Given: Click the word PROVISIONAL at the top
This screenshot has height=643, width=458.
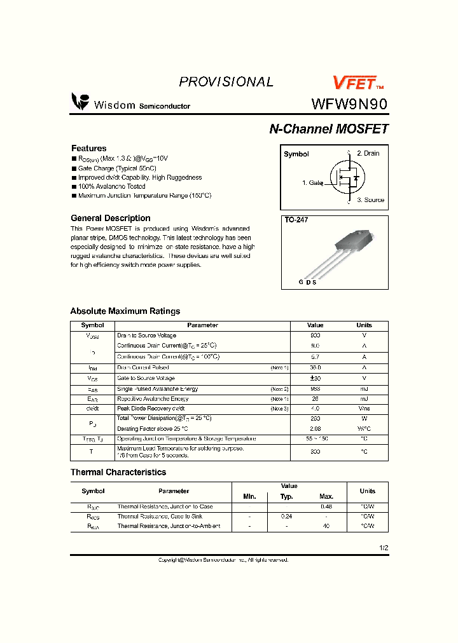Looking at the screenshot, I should tap(226, 82).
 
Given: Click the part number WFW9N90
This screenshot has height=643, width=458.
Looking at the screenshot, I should tap(349, 104).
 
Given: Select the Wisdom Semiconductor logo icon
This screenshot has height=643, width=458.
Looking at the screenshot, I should tap(80, 102).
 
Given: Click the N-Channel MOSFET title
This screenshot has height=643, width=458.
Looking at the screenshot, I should tap(328, 129).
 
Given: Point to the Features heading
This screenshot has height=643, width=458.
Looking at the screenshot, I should tap(88, 148).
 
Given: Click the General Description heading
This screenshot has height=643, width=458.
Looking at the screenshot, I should tap(110, 218).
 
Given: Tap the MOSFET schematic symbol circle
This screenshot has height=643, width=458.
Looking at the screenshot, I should tap(347, 179).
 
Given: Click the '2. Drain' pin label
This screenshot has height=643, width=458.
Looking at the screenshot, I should tap(368, 153).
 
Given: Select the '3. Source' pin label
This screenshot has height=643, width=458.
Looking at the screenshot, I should tap(370, 200).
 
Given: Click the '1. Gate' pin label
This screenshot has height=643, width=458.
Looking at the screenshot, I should tap(312, 183).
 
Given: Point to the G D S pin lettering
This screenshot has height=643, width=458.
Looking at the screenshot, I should tap(307, 282).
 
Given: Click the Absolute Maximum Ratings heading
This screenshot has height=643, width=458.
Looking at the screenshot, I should tap(125, 311).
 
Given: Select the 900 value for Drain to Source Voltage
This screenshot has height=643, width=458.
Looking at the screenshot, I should tap(315, 335).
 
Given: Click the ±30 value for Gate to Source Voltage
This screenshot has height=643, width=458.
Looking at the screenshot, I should tap(315, 378).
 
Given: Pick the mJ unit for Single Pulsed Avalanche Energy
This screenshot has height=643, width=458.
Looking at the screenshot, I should tap(364, 389).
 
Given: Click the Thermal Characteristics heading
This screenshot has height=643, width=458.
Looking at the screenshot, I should tap(118, 472).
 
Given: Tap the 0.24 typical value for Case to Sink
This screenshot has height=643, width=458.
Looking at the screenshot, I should tap(286, 517).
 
